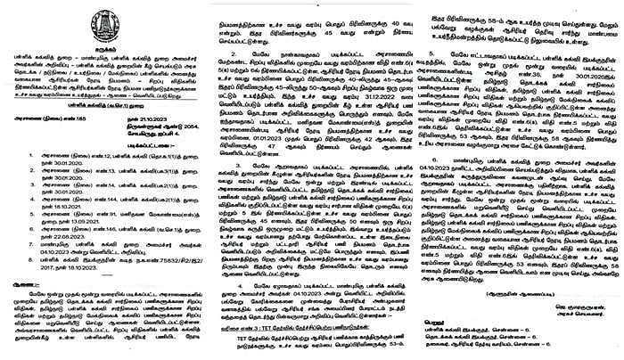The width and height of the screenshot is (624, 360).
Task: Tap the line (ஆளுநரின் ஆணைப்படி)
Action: (x=552, y=290)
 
